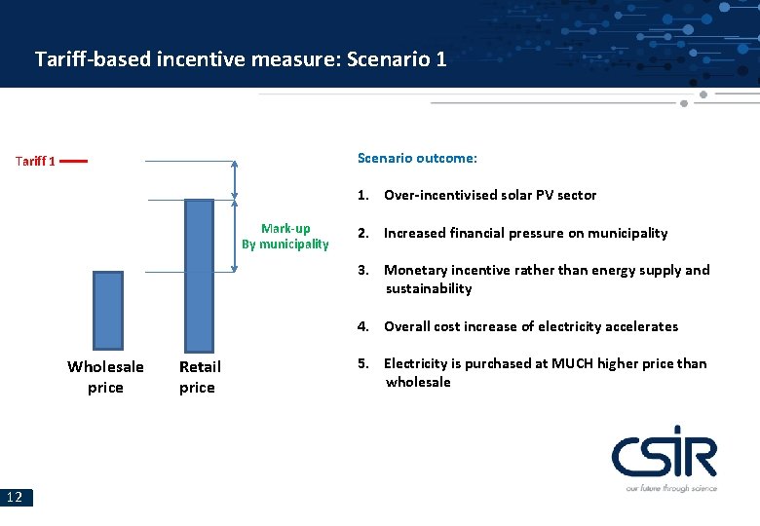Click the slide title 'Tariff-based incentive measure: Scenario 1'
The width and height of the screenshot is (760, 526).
[241, 58]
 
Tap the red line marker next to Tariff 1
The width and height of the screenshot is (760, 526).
[74, 161]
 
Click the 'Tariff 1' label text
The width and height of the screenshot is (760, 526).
[35, 161]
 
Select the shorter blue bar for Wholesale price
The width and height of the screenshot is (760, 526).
[108, 310]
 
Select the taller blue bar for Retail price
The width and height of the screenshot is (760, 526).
[199, 275]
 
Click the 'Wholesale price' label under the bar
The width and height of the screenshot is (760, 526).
[105, 377]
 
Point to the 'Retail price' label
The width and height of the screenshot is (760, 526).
[200, 377]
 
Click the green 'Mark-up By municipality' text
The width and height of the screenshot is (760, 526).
[285, 237]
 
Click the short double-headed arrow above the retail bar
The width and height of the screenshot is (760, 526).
[235, 179]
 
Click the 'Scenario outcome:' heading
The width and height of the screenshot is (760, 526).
[417, 158]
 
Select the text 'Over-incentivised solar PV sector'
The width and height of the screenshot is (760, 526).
[489, 195]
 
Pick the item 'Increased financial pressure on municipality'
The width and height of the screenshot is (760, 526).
[525, 233]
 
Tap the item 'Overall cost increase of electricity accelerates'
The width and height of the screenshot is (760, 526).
[530, 326]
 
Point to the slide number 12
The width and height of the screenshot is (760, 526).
[16, 498]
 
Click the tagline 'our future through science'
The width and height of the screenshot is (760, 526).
[670, 487]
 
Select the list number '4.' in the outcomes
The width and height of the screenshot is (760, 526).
[362, 326]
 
